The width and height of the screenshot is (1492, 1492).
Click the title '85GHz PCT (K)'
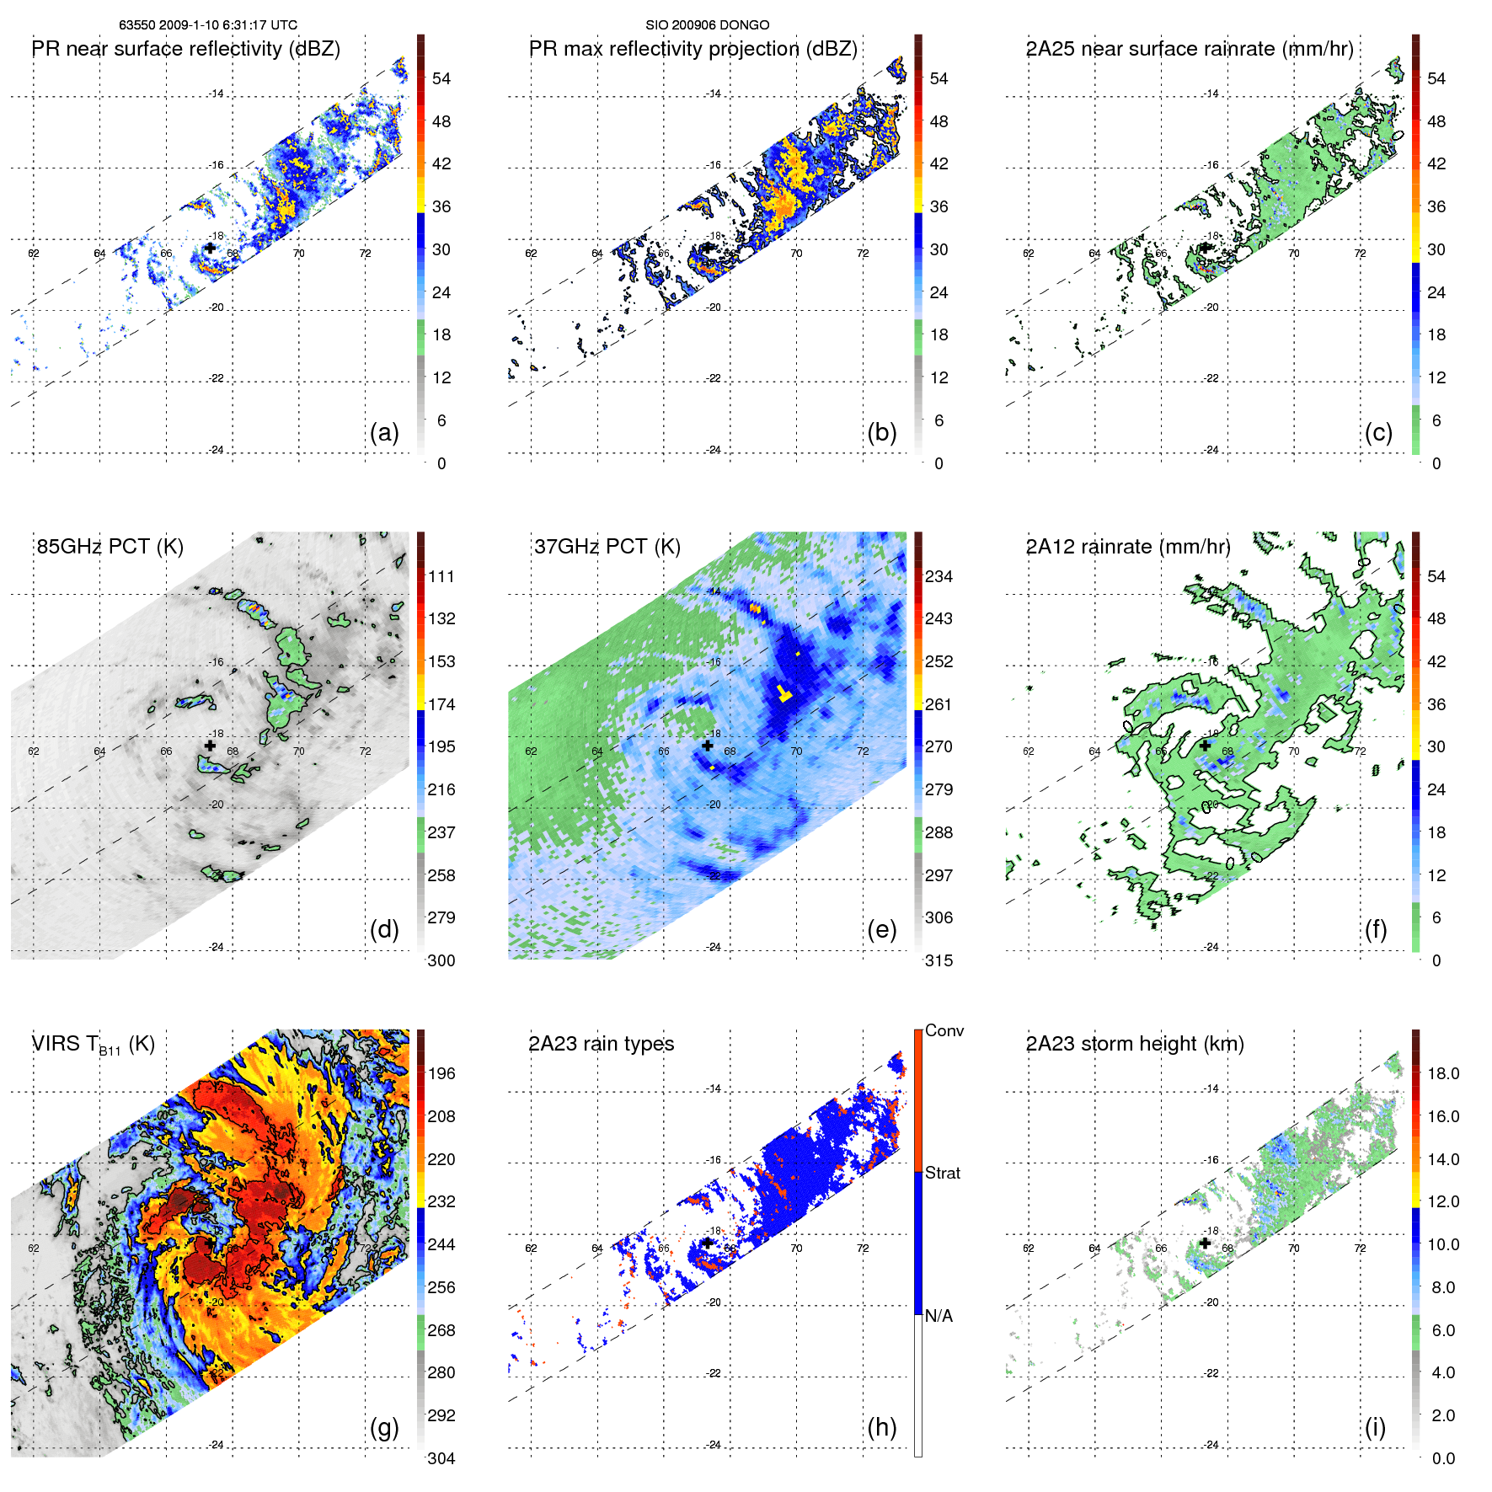pos(110,547)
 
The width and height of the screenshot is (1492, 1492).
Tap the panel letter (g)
pos(384,1427)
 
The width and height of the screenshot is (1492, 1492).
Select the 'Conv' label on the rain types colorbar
pos(944,1031)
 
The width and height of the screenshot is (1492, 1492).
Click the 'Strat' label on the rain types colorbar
pos(943,1173)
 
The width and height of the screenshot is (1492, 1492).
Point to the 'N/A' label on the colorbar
pos(939,1316)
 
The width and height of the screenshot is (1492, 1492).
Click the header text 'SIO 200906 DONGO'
pos(708,25)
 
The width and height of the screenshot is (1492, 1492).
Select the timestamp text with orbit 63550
pos(208,25)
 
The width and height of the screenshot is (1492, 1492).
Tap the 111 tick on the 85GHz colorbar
pos(441,576)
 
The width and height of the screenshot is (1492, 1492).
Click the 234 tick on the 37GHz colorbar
pos(939,576)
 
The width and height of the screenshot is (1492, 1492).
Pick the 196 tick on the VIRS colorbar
pos(441,1073)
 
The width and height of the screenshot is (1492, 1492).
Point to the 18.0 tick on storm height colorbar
pos(1443,1073)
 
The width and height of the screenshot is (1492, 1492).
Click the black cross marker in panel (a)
pos(210,248)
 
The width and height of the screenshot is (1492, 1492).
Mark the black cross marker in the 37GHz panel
pos(708,746)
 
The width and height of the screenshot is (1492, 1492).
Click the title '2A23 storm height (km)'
pos(1135,1044)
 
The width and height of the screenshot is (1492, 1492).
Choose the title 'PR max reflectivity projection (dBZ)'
pos(693,49)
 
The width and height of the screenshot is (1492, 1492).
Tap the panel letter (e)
pos(881,929)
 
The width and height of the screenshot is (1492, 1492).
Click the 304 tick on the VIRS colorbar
pos(441,1458)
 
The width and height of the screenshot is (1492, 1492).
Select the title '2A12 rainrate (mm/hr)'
pos(1128,547)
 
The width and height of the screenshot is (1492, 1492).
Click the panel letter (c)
pos(1378,432)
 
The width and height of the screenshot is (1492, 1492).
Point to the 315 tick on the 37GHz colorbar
pos(939,960)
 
